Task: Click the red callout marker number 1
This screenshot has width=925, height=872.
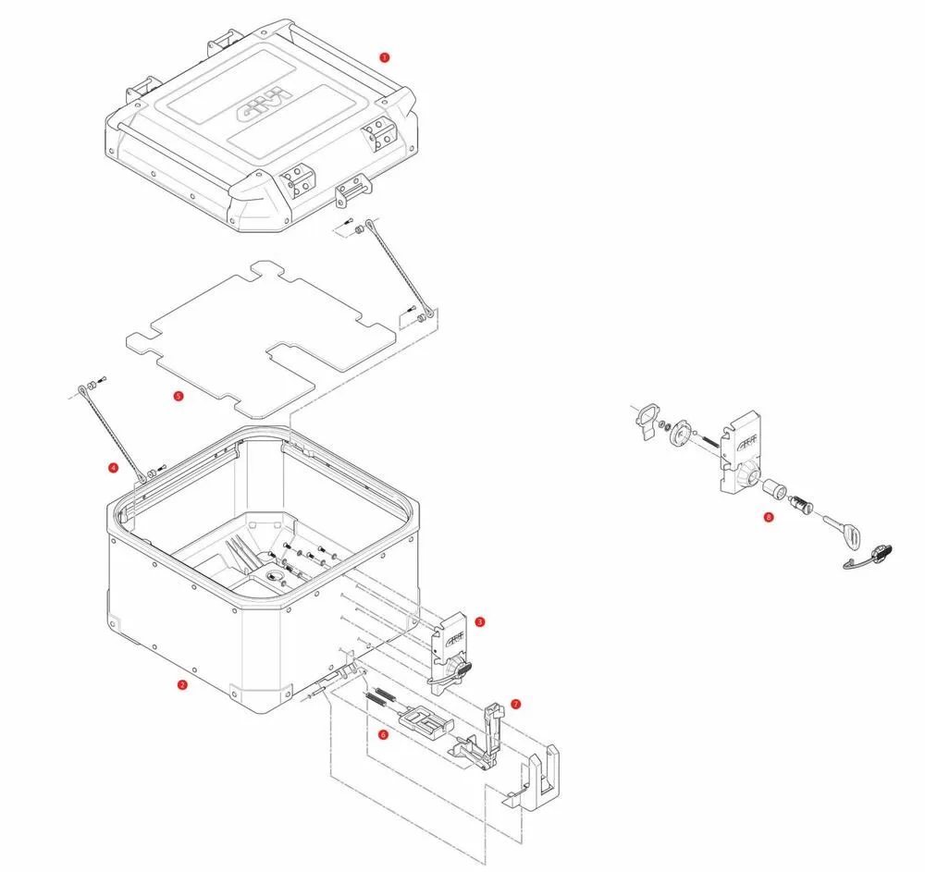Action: pos(385,56)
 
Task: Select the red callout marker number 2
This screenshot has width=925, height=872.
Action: pos(182,685)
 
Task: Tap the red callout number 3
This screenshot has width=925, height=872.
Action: pos(479,621)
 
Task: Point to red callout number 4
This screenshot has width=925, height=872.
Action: pos(113,468)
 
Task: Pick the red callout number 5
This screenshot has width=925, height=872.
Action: pos(179,396)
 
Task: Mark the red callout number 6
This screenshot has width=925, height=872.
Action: pos(383,735)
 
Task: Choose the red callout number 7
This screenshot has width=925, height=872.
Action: pos(515,704)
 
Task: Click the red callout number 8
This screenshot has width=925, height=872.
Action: pos(768,518)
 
